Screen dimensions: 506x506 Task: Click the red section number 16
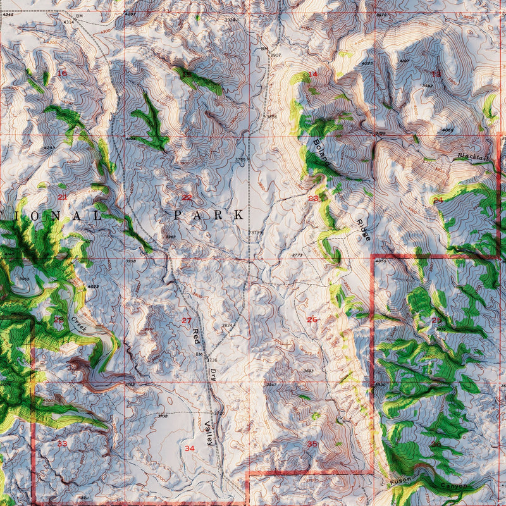pos(62,73)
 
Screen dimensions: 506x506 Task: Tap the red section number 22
pos(187,197)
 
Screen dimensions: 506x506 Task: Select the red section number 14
pos(312,75)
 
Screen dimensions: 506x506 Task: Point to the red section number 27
pos(187,321)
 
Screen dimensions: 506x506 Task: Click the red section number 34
pos(190,448)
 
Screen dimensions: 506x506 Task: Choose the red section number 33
pos(62,444)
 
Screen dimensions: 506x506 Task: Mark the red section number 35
pos(312,445)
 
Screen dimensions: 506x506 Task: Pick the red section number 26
pos(312,319)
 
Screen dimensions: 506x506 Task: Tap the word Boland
pos(321,152)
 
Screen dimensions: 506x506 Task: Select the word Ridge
pos(362,230)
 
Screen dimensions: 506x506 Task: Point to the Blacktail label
pos(474,156)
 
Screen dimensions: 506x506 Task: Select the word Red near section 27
pos(196,335)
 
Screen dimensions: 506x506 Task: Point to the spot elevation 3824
pos(228,325)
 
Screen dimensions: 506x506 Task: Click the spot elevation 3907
pos(275,56)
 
